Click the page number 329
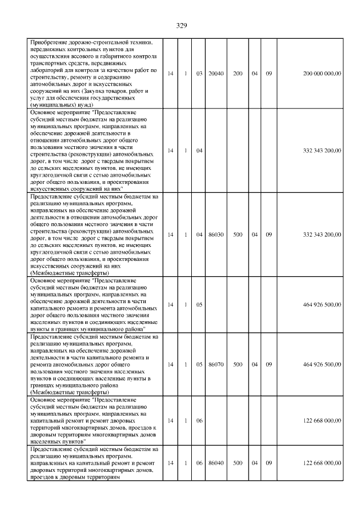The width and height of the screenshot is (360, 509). [x=181, y=25]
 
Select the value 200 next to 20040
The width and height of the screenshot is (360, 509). [x=238, y=73]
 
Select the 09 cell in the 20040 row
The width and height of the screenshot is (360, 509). [x=269, y=73]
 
